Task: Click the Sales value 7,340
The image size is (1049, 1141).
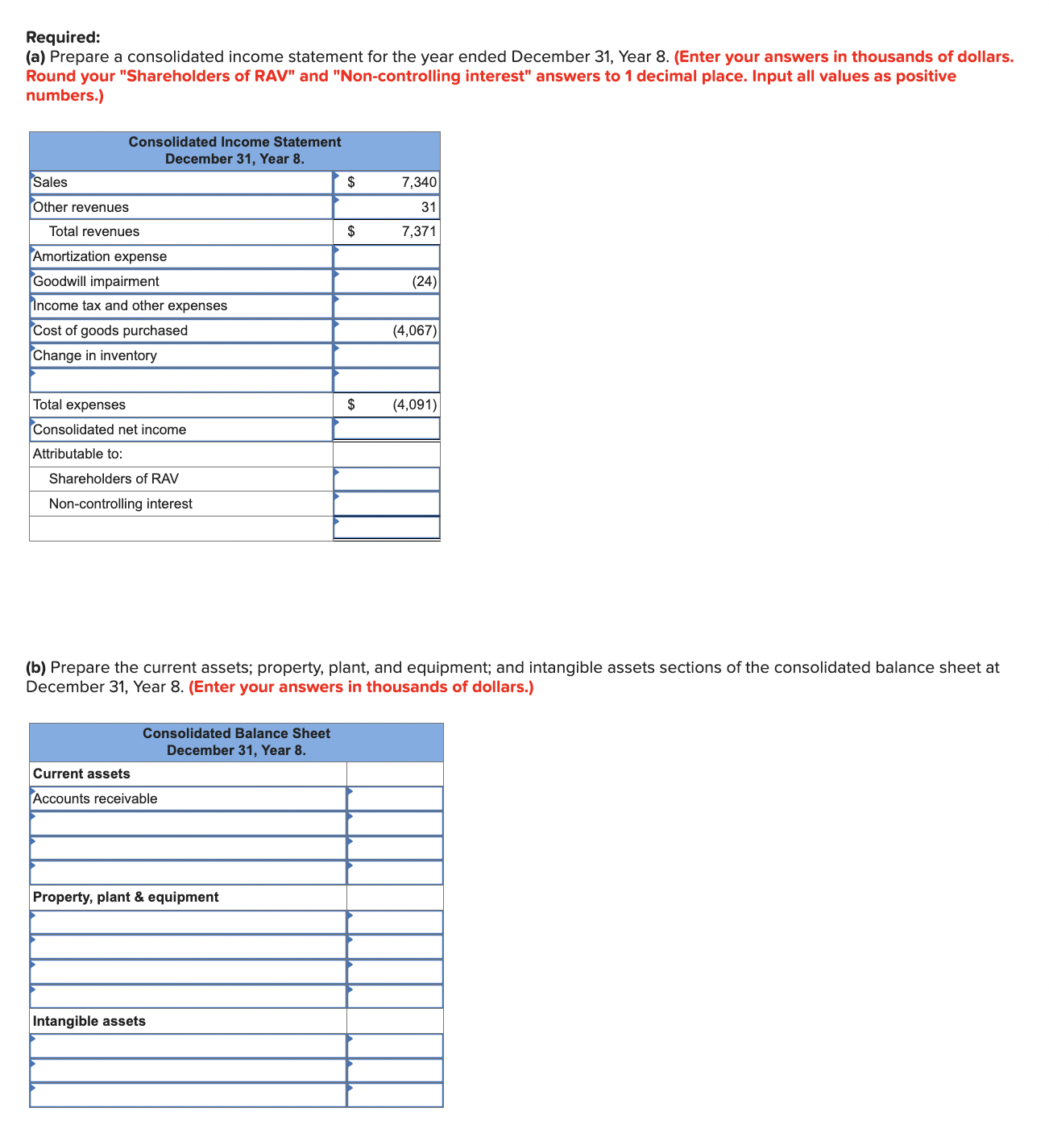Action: point(418,182)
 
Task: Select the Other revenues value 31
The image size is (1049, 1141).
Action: point(428,207)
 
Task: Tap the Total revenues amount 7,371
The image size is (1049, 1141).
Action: point(418,231)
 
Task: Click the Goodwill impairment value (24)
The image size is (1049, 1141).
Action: point(424,281)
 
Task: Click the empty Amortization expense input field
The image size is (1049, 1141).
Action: point(387,256)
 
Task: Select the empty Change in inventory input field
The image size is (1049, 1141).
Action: point(387,355)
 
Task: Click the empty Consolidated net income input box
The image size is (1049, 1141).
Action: point(387,429)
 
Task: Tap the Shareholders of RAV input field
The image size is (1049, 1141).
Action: point(387,479)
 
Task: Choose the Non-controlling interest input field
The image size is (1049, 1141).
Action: point(387,504)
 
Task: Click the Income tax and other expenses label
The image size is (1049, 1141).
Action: point(130,305)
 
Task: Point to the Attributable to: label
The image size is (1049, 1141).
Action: point(77,454)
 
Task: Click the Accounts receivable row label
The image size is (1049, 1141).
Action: point(95,799)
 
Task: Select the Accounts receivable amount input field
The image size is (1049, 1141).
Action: point(395,799)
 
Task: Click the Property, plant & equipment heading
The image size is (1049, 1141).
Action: point(126,897)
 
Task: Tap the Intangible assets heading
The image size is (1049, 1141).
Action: point(89,1021)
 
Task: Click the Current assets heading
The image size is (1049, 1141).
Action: point(81,774)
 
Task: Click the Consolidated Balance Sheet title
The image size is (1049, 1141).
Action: point(236,733)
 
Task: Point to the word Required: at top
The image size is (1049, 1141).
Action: point(63,37)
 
